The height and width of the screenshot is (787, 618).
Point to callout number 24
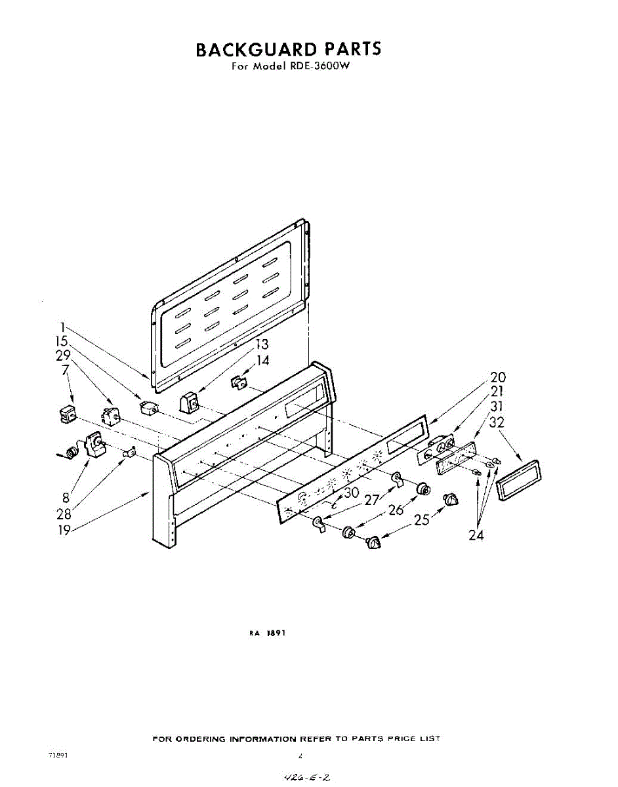point(476,535)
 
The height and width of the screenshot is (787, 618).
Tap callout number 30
point(351,493)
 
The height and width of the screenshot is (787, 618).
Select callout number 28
point(64,513)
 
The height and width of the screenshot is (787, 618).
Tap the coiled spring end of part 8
point(67,452)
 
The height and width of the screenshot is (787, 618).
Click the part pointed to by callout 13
point(190,401)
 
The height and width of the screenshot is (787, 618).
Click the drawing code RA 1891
point(268,634)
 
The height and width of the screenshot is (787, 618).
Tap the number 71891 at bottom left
point(58,755)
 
